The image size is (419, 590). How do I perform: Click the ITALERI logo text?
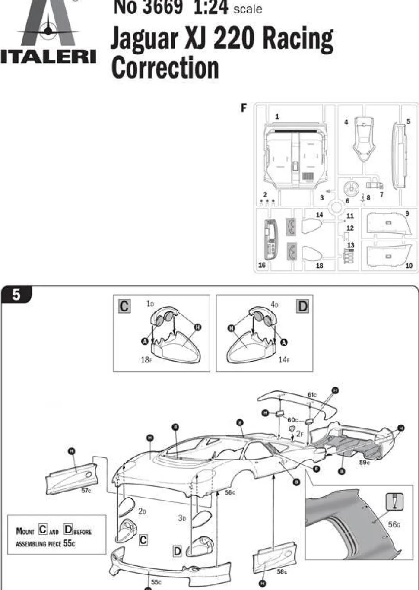click(x=48, y=57)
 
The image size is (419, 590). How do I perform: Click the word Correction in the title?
click(x=165, y=68)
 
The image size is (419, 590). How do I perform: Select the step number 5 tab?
click(x=16, y=295)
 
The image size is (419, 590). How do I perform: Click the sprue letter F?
click(x=244, y=108)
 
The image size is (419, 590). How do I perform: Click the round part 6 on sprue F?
click(x=351, y=189)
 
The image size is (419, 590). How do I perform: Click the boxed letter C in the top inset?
click(x=124, y=306)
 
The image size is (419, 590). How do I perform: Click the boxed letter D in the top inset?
click(x=303, y=306)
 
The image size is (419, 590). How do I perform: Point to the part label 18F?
click(x=146, y=359)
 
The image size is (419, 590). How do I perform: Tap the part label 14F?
click(x=283, y=359)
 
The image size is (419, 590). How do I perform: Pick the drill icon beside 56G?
click(x=394, y=501)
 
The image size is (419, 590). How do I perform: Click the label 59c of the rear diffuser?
click(x=365, y=463)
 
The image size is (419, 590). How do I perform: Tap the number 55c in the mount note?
click(x=69, y=543)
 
